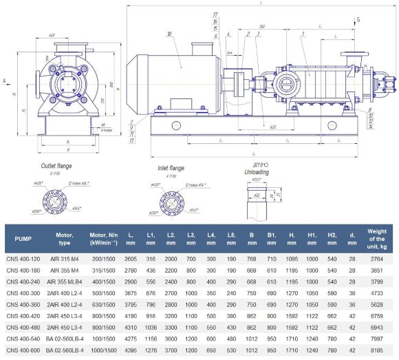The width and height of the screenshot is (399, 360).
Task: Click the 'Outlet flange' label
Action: pos(56,165)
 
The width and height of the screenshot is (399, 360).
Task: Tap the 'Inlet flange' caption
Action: pos(171,168)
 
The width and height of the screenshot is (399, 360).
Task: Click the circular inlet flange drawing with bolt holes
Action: pos(170,200)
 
